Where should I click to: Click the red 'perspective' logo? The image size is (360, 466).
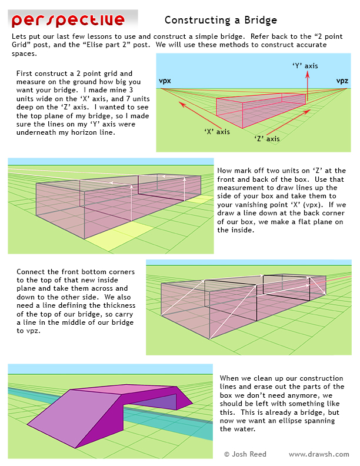point(68,20)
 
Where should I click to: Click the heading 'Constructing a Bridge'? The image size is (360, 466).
point(221,21)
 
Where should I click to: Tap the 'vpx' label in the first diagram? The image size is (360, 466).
point(165,81)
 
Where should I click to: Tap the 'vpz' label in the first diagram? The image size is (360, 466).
point(342,81)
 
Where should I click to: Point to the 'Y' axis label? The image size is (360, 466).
point(305,66)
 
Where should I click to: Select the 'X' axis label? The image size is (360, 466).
point(217,132)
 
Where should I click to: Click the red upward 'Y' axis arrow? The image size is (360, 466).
point(306,85)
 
